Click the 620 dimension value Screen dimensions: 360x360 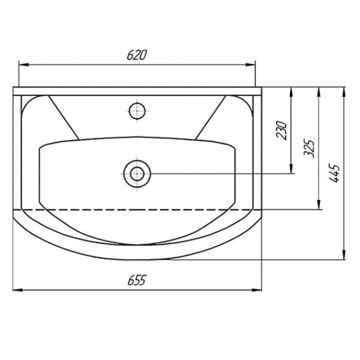point(136,55)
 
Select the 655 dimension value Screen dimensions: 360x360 point(137,280)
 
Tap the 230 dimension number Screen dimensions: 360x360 point(282,130)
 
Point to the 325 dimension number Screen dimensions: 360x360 point(309,148)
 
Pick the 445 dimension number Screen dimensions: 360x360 point(334,173)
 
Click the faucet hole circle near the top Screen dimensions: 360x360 point(137,111)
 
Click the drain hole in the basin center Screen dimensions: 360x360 point(137,174)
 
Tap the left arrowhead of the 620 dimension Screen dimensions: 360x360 point(23,65)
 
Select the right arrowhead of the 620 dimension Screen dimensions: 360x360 point(250,65)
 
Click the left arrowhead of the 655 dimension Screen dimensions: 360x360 point(17,290)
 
